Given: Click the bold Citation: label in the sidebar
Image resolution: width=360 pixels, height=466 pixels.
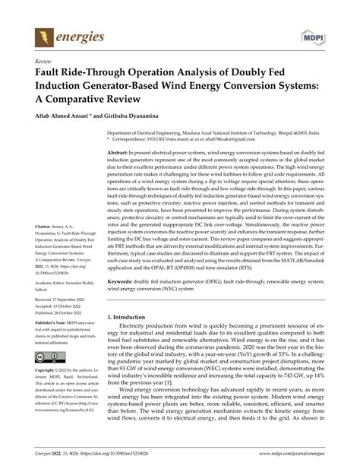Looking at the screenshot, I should pos(40,205).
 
